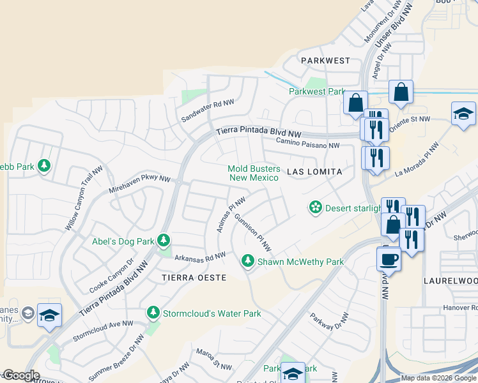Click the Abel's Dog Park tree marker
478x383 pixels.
click(x=164, y=241)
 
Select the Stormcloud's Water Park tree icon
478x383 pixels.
click(x=153, y=313)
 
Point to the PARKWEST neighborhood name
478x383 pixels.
click(x=326, y=61)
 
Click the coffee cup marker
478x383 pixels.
click(x=389, y=259)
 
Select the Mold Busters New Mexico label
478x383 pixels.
click(x=254, y=173)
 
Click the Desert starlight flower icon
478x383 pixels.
click(x=315, y=207)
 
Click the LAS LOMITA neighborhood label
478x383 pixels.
click(x=314, y=172)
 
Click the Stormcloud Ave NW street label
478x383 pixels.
click(x=103, y=329)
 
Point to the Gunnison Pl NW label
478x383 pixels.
click(x=253, y=232)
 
